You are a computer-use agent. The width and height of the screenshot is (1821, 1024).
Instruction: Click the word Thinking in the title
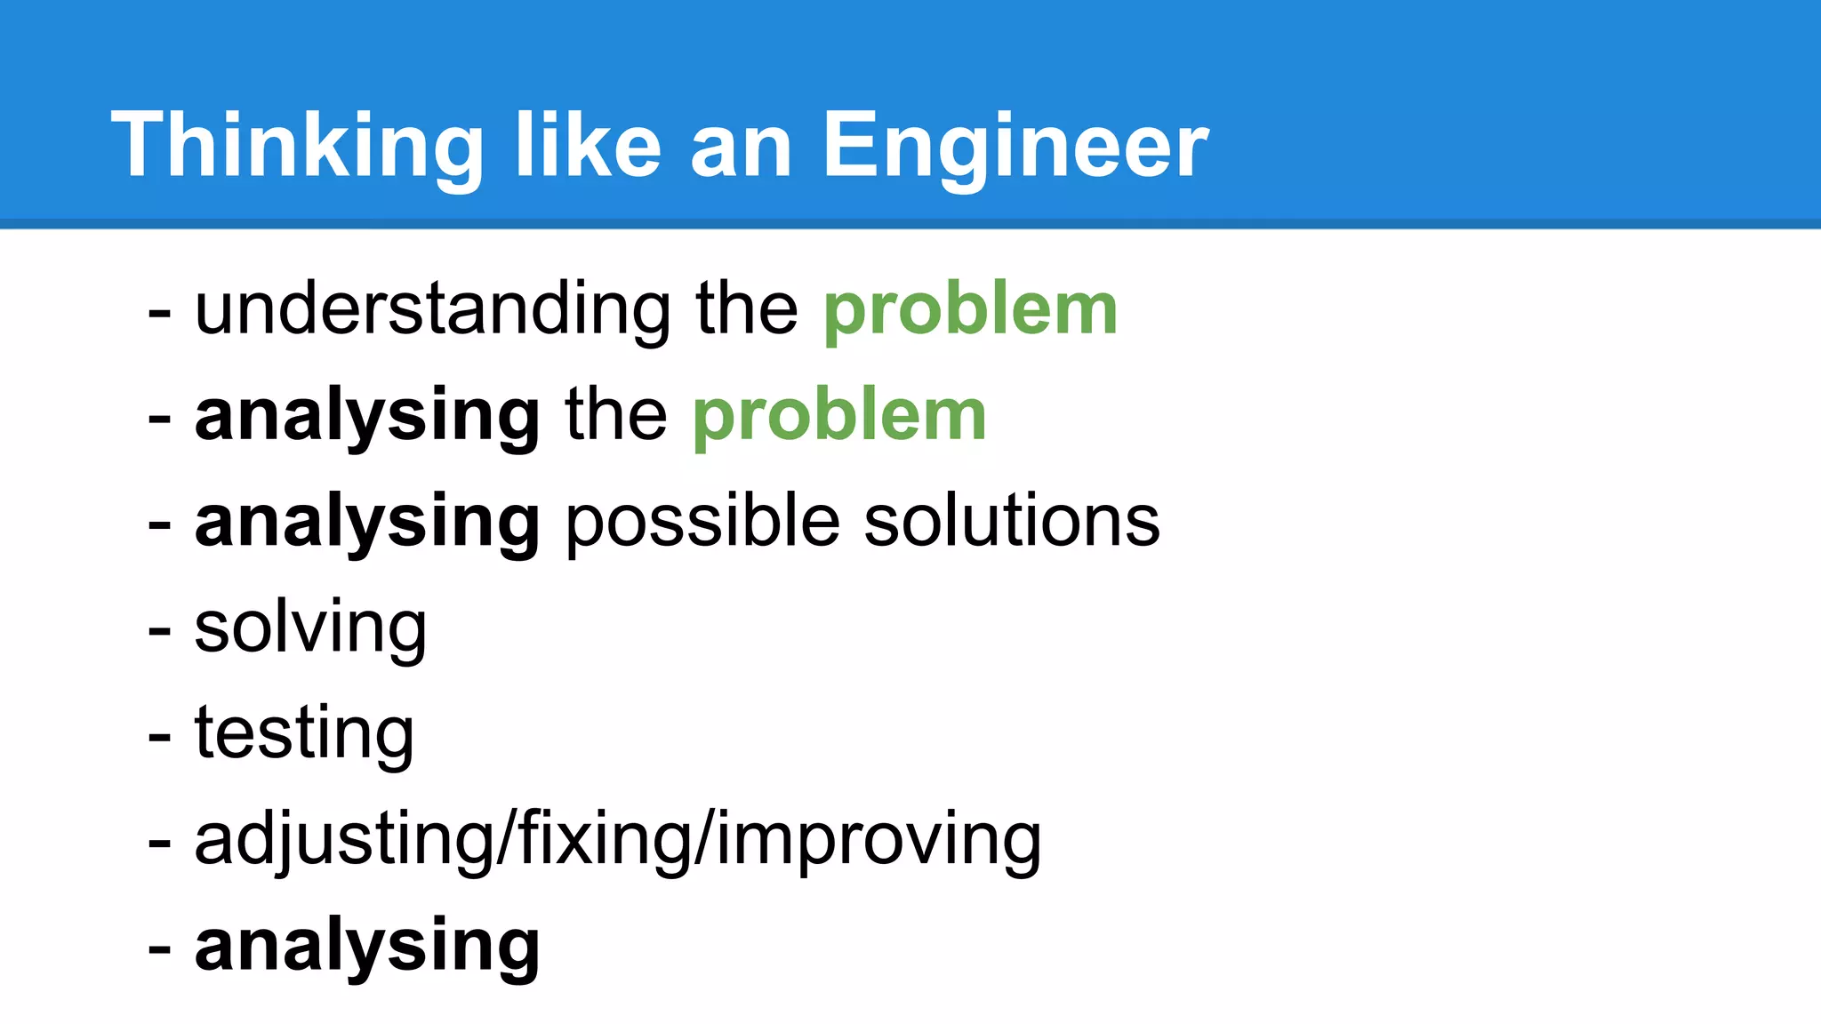point(296,146)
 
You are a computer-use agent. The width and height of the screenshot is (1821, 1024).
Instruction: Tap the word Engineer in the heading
point(1015,146)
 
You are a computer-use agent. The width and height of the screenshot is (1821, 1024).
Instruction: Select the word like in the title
point(588,146)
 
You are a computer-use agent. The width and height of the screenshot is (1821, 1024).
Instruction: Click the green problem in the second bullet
point(839,415)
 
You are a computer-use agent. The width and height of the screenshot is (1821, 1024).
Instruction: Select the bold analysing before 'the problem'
point(367,415)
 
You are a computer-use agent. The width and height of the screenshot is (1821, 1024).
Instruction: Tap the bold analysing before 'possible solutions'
point(367,521)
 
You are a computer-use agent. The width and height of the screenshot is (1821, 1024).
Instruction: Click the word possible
point(702,521)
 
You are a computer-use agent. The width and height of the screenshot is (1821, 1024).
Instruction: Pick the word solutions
point(1012,521)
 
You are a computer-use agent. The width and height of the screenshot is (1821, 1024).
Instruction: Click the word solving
point(310,628)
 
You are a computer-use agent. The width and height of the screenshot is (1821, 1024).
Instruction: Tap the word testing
point(304,733)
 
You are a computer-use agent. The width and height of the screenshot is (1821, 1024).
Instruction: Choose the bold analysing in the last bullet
point(367,946)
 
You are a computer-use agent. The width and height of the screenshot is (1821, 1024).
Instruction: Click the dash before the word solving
point(159,632)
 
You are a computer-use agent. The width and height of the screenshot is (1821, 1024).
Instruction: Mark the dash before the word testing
point(159,738)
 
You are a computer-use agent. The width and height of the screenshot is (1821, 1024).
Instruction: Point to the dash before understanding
point(159,314)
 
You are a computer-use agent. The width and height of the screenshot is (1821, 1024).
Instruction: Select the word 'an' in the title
point(741,146)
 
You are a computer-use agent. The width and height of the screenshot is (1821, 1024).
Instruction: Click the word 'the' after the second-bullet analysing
point(615,415)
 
